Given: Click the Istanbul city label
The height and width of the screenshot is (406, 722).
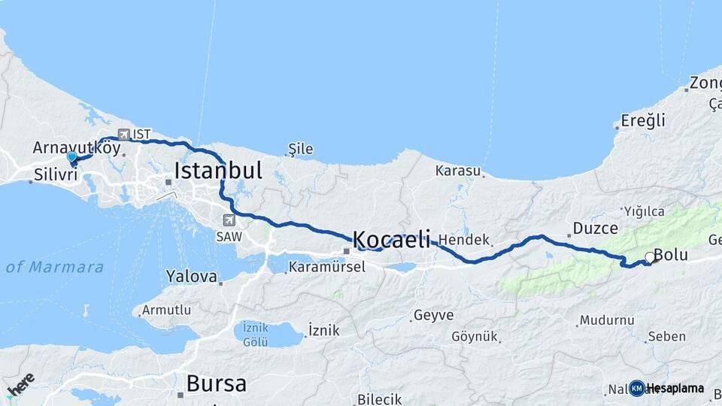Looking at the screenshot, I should pos(218,171).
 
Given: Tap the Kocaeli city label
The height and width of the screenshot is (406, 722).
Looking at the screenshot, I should pos(391,240).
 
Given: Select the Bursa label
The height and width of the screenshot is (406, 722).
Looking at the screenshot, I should pos(216,383).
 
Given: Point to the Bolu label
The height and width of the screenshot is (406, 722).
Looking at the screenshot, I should pos(671,255).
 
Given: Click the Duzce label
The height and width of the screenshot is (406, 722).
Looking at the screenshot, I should pos(595,228).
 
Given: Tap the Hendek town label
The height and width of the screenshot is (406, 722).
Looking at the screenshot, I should pos(463,240).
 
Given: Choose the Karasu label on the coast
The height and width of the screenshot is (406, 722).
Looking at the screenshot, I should pos(457,171).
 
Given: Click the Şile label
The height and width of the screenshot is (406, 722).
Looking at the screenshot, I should pos(301,149).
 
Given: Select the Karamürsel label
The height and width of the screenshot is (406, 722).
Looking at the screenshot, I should pos(326,267).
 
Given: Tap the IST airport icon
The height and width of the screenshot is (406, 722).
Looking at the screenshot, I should pos(124,135).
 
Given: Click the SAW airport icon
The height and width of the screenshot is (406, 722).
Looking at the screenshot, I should pos(229,220).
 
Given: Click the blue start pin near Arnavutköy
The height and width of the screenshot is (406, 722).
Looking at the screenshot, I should pos(72,158).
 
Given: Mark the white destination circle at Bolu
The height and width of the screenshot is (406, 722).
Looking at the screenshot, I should pos(651,257).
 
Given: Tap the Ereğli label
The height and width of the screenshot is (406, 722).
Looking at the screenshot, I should pos(643,120).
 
